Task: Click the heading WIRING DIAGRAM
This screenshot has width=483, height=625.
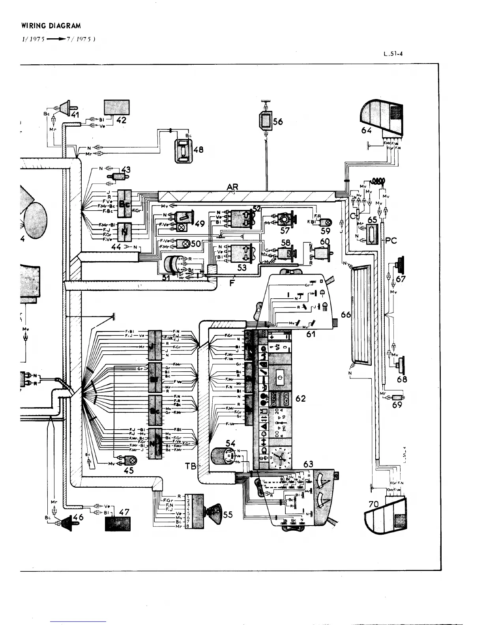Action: pos(51,26)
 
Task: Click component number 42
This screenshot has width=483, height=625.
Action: pos(121,120)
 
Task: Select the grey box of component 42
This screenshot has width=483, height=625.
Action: pos(117,107)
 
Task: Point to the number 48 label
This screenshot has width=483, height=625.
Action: pos(198,150)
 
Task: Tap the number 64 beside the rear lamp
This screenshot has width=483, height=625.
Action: pos(367,130)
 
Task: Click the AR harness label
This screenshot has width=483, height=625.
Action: pos(232,187)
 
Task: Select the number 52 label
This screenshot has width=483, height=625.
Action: pos(257,209)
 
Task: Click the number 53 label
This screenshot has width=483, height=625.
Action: pos(241,268)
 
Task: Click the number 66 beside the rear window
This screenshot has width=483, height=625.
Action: pos(346,314)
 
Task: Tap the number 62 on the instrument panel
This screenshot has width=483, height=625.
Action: pos(300,399)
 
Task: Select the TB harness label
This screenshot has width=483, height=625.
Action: pos(191,467)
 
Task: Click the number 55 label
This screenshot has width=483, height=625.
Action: pos(228,515)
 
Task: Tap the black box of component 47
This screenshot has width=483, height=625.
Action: pos(117,524)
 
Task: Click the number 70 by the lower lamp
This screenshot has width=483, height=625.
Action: pos(373,503)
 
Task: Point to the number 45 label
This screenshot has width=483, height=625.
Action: pos(129,470)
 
